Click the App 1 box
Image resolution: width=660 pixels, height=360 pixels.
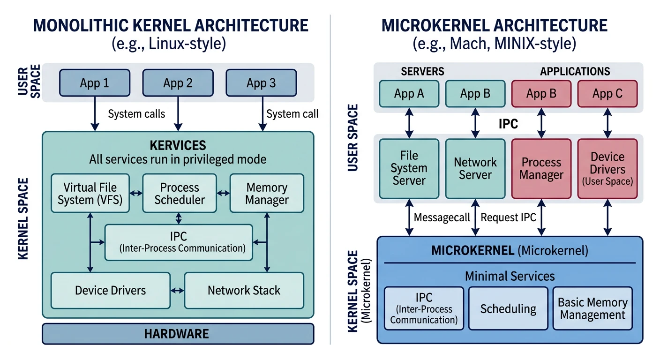(x=94, y=83)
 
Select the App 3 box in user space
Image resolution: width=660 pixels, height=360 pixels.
(x=261, y=83)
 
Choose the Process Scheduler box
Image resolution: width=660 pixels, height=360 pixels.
(x=180, y=194)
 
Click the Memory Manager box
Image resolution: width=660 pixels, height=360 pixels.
(x=267, y=194)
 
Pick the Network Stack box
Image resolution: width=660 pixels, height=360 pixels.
(x=244, y=290)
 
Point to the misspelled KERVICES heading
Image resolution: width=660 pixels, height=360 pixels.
(x=178, y=145)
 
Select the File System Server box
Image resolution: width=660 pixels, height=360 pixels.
(x=409, y=168)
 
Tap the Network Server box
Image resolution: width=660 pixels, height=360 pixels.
(x=475, y=168)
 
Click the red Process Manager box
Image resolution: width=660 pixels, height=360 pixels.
(x=541, y=168)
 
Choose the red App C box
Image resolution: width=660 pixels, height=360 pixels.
(x=607, y=94)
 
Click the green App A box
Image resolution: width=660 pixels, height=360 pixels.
(x=409, y=94)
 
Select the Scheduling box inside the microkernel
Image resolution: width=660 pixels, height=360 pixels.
(x=508, y=308)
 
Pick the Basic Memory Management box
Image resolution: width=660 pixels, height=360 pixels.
(x=592, y=308)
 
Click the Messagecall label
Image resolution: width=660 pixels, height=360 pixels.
(x=442, y=218)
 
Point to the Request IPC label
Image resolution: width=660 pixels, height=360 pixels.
(x=508, y=217)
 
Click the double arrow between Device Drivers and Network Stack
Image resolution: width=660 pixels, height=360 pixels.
(x=177, y=291)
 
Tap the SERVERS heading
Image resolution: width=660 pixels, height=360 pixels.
(x=422, y=71)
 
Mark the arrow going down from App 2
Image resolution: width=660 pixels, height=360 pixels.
(x=178, y=112)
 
